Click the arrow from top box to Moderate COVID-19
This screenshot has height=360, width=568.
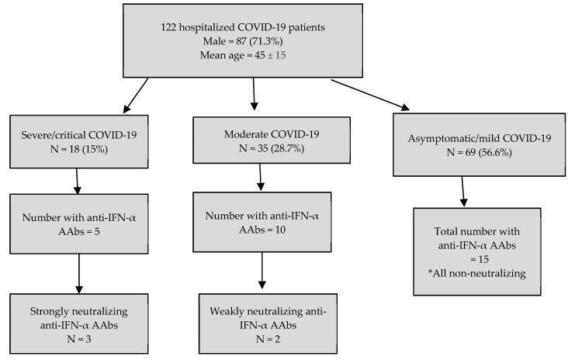point(253,94)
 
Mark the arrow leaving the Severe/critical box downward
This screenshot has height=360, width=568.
point(78,180)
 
